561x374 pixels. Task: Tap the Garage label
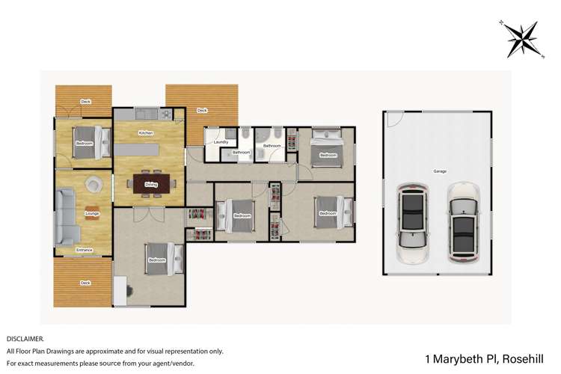coord(440,171)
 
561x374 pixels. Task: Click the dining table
coord(151,183)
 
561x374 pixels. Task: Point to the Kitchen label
coord(146,133)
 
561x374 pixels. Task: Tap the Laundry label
coord(221,141)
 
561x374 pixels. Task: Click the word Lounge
coord(93,214)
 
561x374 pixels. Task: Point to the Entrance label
coord(85,250)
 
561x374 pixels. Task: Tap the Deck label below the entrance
coord(85,283)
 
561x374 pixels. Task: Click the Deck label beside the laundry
coord(202,111)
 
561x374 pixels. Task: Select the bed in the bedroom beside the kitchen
coord(84,142)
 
